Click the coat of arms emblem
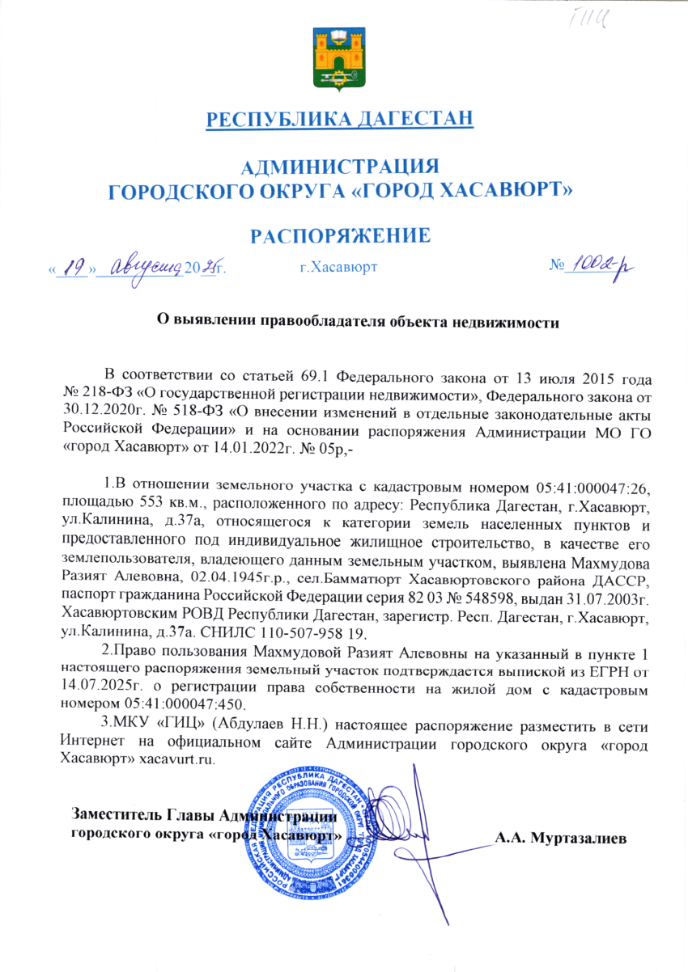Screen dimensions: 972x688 click(340, 60)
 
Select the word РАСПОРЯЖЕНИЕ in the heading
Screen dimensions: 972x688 click(339, 235)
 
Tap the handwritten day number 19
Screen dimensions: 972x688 click(74, 265)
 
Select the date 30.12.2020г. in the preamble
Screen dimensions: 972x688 click(100, 409)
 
